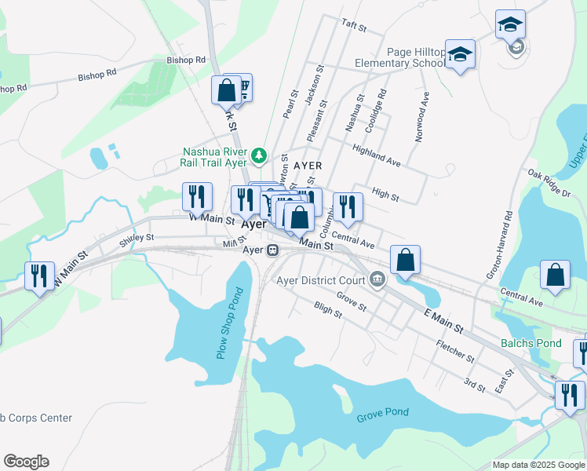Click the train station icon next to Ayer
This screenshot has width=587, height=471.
tap(273, 250)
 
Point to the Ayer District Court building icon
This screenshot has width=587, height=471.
tap(377, 279)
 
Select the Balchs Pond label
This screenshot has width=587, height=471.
tap(531, 343)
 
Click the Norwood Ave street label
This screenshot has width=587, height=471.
tap(424, 114)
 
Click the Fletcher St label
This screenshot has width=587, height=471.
tap(455, 351)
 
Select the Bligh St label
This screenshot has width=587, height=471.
tap(328, 310)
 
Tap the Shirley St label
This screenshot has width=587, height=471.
tap(137, 239)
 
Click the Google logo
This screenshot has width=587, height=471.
tap(26, 462)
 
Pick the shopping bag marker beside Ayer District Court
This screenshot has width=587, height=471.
tap(405, 261)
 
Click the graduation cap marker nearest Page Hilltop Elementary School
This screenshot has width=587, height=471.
tap(461, 54)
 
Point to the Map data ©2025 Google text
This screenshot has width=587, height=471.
tap(538, 465)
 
